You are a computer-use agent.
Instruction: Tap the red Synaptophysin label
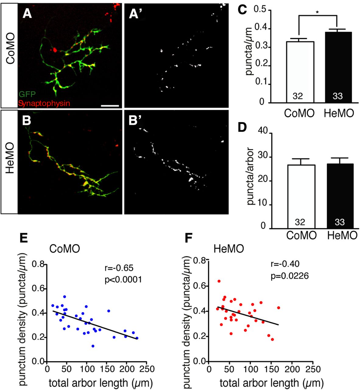pyautogui.click(x=44, y=103)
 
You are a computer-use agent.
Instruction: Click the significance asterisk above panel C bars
pyautogui.click(x=317, y=12)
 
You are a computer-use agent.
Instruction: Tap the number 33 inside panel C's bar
pyautogui.click(x=338, y=96)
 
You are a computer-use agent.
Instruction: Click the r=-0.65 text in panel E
pyautogui.click(x=119, y=268)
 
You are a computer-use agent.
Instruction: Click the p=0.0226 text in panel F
pyautogui.click(x=289, y=276)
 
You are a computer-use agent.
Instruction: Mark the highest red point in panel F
pyautogui.click(x=219, y=281)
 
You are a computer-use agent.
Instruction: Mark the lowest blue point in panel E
pyautogui.click(x=93, y=346)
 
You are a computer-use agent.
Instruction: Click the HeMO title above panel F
pyautogui.click(x=228, y=249)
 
